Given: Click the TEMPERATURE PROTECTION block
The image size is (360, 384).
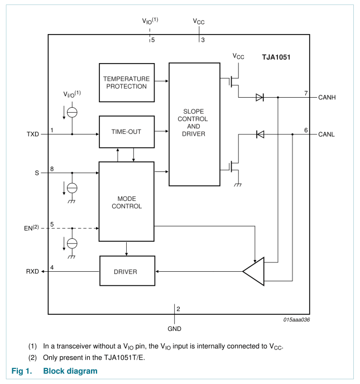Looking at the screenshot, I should point(126,82).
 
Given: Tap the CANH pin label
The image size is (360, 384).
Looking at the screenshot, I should point(327,98).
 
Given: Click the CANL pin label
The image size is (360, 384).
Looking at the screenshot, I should point(327,135).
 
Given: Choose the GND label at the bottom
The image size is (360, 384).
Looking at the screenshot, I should point(175,329).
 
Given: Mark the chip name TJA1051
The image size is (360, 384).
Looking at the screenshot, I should point(276,57).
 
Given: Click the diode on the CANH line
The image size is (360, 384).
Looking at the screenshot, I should point(260,98).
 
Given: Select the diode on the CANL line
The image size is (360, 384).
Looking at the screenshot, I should point(260,135).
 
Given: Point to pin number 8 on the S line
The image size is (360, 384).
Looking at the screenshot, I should point(52,169).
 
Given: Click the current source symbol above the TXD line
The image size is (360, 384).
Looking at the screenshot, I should point(72,112).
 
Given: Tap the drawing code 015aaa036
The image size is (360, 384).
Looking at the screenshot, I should point(296,320).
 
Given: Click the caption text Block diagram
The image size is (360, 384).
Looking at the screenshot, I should point(70,371).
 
